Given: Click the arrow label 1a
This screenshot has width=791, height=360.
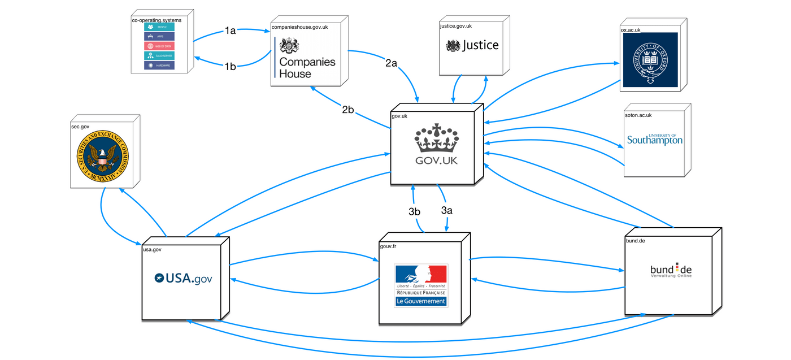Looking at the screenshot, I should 230,31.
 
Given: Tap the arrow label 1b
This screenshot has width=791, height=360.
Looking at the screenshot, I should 230,66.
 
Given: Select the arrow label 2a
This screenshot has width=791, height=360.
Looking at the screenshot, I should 392,64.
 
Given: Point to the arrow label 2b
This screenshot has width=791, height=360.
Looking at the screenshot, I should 348,110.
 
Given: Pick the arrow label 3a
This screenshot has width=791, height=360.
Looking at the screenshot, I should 447,210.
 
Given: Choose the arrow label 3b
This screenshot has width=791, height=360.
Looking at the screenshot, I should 415,212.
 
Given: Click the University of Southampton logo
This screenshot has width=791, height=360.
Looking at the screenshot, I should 655,139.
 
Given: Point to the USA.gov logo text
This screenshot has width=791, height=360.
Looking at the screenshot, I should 183,278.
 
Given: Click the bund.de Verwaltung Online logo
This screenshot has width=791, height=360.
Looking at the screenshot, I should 671,271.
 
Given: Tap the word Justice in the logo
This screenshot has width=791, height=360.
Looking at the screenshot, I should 480,45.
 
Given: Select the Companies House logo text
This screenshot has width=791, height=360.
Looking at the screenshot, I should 307,67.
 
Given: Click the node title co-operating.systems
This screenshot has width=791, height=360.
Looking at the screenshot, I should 157,20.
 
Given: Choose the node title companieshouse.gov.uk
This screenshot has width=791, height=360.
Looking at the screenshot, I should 299,27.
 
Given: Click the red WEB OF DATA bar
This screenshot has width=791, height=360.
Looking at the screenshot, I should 159,46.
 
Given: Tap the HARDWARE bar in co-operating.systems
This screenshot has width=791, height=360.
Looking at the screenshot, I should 159,66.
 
